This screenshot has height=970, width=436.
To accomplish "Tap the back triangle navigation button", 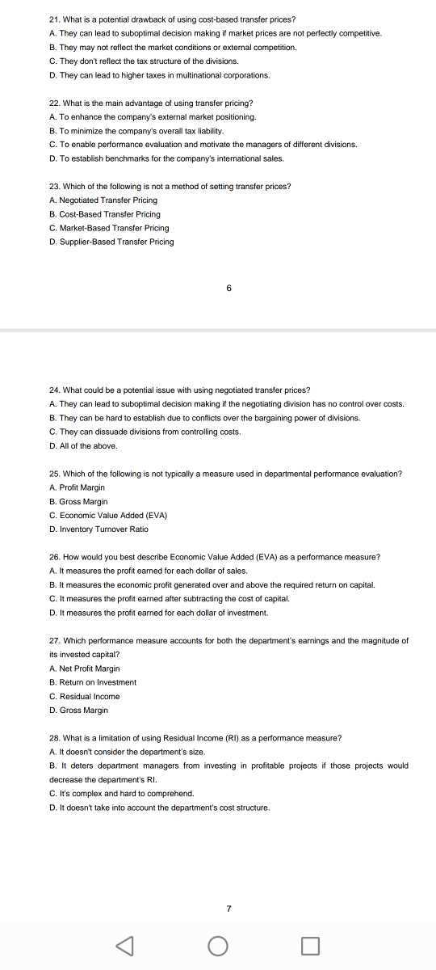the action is (125, 945).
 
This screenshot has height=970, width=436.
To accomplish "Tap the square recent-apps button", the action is (310, 945).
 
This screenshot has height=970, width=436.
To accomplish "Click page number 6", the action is (229, 288).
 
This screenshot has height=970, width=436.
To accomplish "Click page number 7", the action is (229, 909).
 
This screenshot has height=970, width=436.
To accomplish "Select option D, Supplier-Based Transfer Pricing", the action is (111, 242).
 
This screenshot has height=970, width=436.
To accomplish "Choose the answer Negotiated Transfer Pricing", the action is (103, 200).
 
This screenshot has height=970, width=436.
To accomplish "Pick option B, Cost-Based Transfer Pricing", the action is (105, 214).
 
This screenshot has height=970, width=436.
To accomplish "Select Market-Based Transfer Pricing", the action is (109, 228).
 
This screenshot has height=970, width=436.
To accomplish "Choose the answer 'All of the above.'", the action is (83, 445).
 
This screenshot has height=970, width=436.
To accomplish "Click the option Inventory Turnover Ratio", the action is (99, 529).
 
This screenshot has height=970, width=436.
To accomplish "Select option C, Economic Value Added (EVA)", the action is (108, 515).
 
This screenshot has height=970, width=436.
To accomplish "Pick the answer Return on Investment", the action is (93, 682).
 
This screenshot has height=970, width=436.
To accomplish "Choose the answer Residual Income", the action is (84, 696).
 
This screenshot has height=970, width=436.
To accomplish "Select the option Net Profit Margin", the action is (84, 668).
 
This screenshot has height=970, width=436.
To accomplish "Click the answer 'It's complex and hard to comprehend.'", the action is (122, 794).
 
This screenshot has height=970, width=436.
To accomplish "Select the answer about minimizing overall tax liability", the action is (125, 130).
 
